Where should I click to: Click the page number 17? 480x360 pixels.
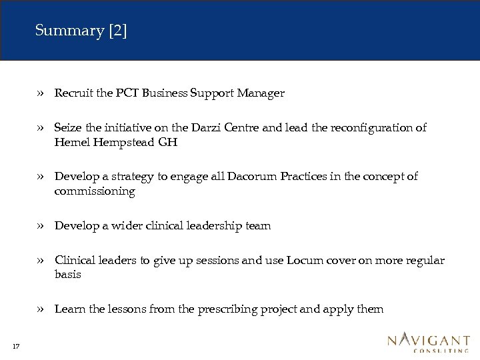[x=15, y=345]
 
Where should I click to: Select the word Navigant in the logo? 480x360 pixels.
[x=429, y=341]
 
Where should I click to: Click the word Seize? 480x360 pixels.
[x=68, y=127]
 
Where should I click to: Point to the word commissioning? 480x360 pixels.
[x=95, y=191]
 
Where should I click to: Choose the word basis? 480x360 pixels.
[x=67, y=275]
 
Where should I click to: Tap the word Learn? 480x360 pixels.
[x=69, y=309]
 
